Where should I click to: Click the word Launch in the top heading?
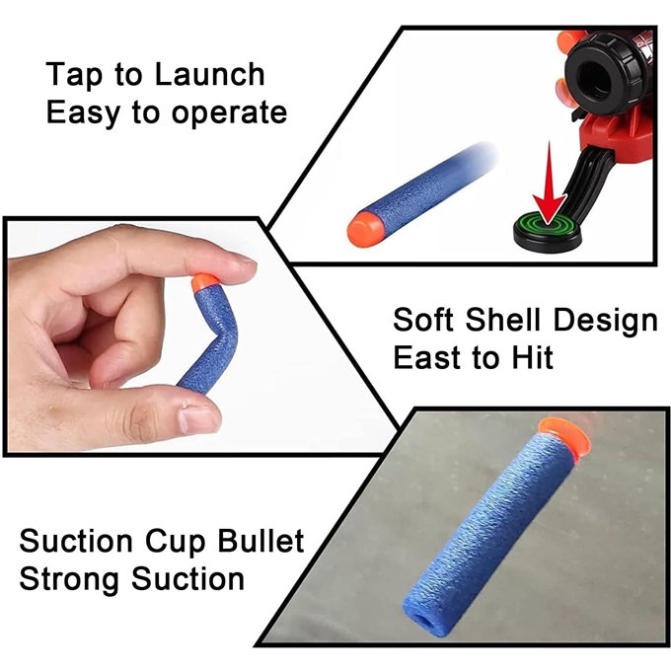pyautogui.click(x=209, y=74)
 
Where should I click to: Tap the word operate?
pyautogui.click(x=229, y=114)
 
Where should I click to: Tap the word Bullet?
pyautogui.click(x=261, y=541)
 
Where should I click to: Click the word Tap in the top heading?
pyautogui.click(x=74, y=76)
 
